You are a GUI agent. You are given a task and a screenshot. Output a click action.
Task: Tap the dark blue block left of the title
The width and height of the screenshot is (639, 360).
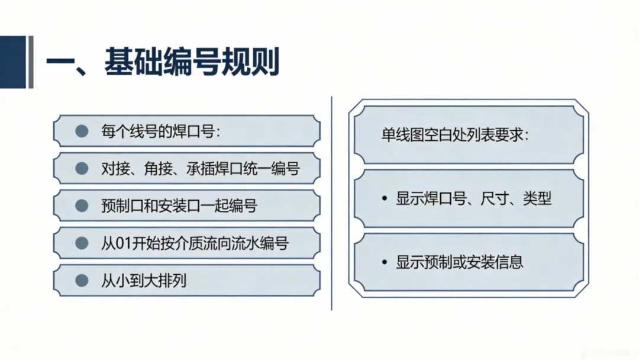[x=13, y=62]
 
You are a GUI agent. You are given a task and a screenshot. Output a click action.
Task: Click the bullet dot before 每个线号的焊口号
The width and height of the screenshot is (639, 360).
[x=82, y=131]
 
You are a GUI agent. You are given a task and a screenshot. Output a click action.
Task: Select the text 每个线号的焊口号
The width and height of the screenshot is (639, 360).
[x=160, y=131]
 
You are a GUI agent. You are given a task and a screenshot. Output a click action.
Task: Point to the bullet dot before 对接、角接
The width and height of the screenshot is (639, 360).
[x=82, y=169]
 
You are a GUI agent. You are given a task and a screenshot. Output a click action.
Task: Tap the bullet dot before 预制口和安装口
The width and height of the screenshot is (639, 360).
[x=82, y=205]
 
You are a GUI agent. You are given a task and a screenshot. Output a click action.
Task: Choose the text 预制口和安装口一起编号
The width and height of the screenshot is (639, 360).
[x=179, y=205]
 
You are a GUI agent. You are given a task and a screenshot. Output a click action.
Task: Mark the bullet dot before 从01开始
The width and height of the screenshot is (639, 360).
[x=82, y=243]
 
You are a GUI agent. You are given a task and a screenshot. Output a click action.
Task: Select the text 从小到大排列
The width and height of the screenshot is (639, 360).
[x=144, y=280]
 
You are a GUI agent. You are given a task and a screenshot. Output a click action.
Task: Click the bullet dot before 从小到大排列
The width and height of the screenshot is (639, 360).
[x=82, y=280]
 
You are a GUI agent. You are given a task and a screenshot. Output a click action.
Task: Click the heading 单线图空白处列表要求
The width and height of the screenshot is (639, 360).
[x=454, y=134]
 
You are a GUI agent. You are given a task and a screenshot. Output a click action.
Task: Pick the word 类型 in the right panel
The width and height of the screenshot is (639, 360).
[x=537, y=199]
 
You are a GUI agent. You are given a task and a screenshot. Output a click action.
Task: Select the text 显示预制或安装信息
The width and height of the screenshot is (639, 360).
[x=460, y=262]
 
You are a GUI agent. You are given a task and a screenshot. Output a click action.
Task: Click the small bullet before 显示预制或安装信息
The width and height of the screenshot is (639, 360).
[x=384, y=262]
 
